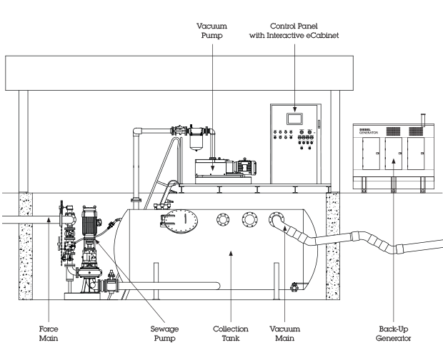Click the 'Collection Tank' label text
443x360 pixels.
click(x=230, y=334)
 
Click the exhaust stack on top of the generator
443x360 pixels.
click(x=422, y=118)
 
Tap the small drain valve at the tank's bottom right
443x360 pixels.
click(x=294, y=289)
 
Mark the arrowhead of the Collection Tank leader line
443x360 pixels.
click(x=230, y=252)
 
